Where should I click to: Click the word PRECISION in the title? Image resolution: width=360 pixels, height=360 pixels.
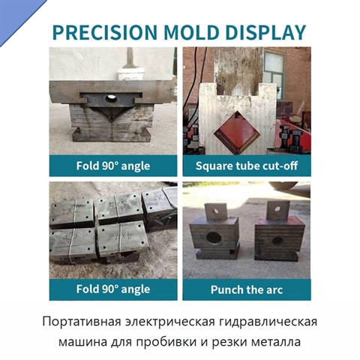point(105,32)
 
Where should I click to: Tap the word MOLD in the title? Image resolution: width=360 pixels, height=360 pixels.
point(191,32)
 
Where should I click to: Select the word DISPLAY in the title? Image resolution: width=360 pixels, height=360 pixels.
point(265,32)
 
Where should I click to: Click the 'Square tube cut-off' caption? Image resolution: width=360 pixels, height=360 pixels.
point(247,166)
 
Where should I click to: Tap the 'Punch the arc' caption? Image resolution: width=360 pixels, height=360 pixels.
point(247,289)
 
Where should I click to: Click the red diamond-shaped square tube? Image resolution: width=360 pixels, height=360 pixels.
point(237,133)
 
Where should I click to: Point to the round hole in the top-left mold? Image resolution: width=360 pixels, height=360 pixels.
point(111,99)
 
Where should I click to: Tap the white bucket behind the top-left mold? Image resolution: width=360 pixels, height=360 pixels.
point(131,74)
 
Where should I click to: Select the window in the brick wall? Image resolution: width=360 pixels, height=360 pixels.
point(274,75)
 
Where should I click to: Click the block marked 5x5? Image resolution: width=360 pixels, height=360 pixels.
point(118,208)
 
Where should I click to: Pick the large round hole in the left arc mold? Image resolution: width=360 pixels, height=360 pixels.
point(213,237)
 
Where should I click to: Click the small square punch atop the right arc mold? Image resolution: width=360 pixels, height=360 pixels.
point(277,210)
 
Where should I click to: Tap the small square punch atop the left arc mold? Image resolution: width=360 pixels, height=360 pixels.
point(216,211)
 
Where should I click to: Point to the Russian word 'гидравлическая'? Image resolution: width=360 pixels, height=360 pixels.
point(268,322)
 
